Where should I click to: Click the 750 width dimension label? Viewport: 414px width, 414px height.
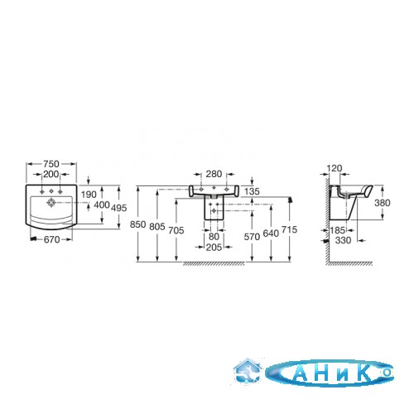(x=51, y=164)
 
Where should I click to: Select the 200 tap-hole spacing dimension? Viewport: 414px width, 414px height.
(x=51, y=174)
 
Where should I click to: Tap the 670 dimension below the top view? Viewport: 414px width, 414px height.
(x=51, y=239)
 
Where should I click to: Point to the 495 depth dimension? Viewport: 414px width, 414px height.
(x=119, y=208)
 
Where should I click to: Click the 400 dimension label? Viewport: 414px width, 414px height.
(x=102, y=205)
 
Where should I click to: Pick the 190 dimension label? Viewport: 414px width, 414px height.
(x=89, y=195)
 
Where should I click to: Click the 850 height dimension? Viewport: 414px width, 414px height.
(x=137, y=224)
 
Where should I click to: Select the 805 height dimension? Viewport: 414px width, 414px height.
(x=157, y=227)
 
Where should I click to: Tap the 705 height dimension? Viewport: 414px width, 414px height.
(x=176, y=230)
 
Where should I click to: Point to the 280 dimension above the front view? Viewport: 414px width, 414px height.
(x=214, y=174)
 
